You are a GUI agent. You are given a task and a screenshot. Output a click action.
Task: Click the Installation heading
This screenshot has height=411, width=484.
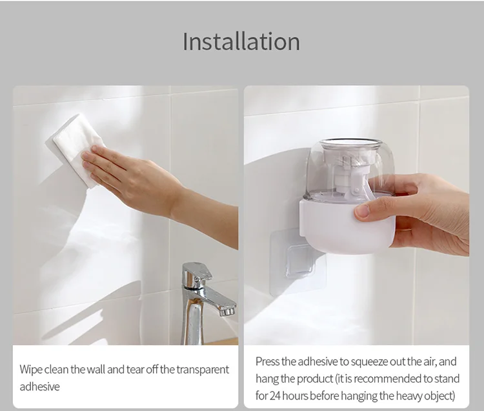tap(241, 41)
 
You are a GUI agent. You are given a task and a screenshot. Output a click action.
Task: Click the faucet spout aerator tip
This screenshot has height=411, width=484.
tap(228, 312)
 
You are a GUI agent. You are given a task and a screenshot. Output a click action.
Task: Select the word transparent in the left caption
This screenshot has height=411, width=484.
tap(203, 370)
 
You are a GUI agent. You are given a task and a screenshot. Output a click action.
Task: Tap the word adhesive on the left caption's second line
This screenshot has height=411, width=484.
tap(39, 386)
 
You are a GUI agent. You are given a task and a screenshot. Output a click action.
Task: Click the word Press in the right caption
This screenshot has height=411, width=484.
tap(267, 361)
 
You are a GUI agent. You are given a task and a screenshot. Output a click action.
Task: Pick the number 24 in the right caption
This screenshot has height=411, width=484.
tap(276, 396)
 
